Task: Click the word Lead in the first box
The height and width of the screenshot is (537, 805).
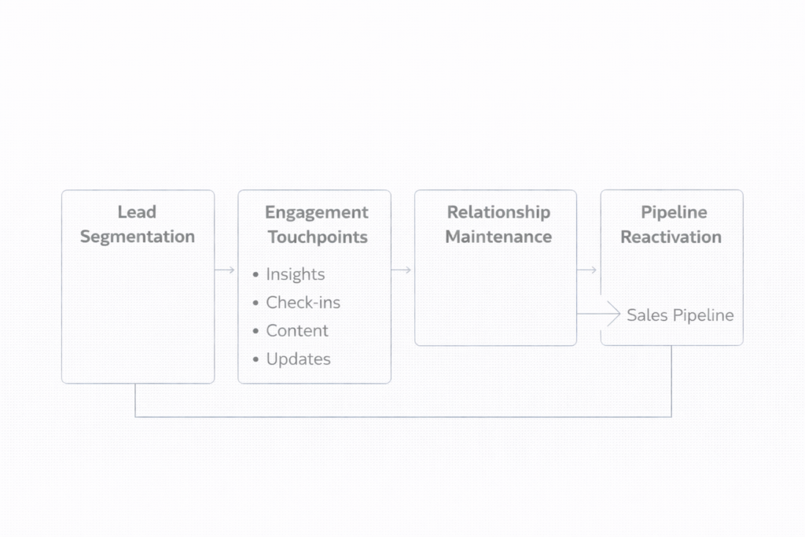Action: point(137,211)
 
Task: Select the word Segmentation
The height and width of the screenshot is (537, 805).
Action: point(137,237)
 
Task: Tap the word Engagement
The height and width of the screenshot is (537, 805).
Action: point(316,212)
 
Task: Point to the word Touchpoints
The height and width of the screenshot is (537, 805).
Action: point(317,237)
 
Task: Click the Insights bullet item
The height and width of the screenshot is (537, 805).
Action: point(295,274)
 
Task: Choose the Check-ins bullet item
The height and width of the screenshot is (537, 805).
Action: point(303,303)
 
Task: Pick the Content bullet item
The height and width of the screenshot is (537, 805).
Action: point(297,331)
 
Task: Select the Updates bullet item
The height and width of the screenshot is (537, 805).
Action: point(298,359)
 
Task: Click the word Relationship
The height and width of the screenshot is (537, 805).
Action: point(498,211)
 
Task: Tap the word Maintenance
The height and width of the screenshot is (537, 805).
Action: point(498,237)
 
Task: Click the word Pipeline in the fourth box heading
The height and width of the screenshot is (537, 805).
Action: point(674,211)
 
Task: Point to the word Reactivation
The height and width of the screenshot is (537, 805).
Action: point(671,237)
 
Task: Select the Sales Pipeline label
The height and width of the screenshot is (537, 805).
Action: point(680,315)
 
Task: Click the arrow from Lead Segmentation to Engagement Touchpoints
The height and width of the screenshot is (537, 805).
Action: point(226,270)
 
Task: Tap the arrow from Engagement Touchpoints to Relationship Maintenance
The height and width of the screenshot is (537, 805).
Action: point(402,270)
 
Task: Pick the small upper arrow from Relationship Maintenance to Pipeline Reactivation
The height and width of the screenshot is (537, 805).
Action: point(587,270)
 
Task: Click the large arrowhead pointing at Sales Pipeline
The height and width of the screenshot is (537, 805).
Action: point(613,314)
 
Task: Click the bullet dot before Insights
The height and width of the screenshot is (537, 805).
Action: point(255,275)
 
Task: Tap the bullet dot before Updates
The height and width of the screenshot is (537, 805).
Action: point(255,360)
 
